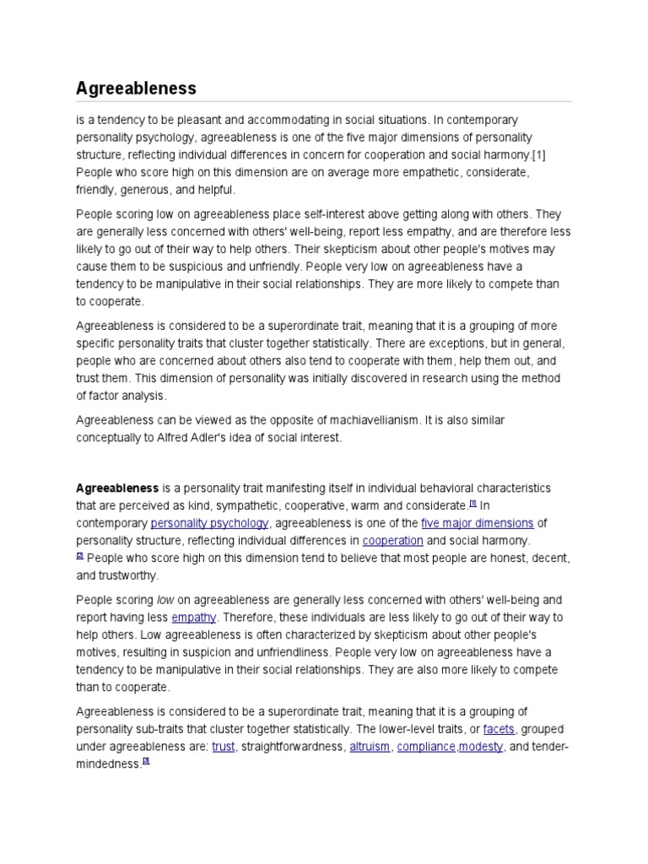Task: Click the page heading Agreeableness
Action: tap(136, 88)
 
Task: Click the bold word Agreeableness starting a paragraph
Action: tap(117, 488)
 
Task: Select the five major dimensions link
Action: tap(477, 523)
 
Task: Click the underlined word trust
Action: tap(224, 747)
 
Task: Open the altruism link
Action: tap(370, 747)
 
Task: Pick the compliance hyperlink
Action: tap(426, 747)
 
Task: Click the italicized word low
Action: tap(165, 600)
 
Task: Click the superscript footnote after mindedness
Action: tap(145, 761)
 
